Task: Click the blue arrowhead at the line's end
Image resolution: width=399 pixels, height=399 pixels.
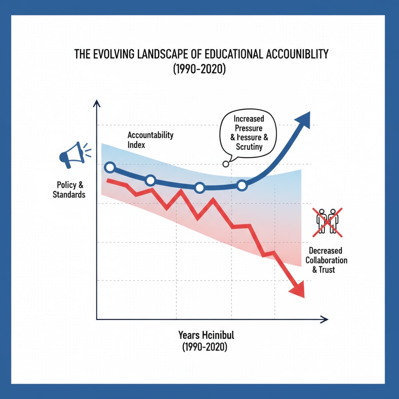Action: point(303,119)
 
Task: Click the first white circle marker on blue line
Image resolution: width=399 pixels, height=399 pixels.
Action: point(110,168)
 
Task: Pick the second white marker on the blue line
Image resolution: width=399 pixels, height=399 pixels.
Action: point(150,180)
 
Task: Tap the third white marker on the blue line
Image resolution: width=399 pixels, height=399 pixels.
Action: point(199,188)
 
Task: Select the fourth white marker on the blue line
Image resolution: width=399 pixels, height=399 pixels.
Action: point(242,185)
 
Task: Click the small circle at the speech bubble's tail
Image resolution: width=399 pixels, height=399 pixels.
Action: point(225,164)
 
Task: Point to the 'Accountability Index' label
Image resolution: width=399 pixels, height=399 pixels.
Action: point(150,140)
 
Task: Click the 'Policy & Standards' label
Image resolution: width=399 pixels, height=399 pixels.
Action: point(69,189)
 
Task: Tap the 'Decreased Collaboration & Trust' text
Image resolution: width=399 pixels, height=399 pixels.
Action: point(326,260)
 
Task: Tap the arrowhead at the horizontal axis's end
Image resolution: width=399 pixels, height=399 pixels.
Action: point(324,320)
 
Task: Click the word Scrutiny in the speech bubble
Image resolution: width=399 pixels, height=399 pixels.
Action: point(249,147)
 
